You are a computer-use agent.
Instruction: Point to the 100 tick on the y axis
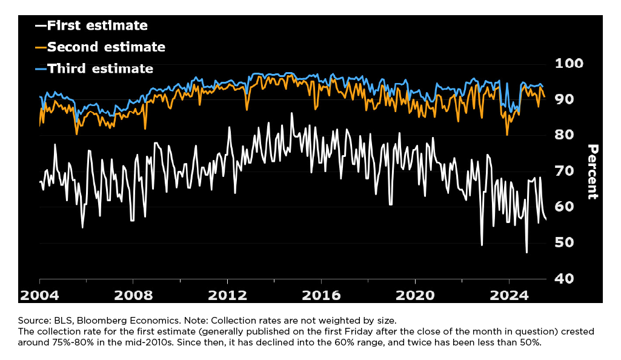568,64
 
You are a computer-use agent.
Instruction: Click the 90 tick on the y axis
568,99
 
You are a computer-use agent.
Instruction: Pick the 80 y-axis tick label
568,135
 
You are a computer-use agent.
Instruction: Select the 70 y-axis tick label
568,171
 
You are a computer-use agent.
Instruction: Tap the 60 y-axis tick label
568,207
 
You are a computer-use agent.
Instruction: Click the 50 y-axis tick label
568,242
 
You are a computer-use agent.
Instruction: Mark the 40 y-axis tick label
568,278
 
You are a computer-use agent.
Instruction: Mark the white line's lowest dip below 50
526,252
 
